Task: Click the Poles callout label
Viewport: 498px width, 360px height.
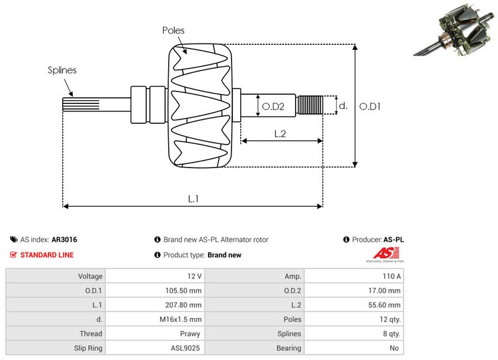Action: pyautogui.click(x=173, y=30)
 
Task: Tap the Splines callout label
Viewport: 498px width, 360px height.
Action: pyautogui.click(x=62, y=70)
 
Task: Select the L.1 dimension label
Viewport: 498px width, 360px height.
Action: pyautogui.click(x=194, y=199)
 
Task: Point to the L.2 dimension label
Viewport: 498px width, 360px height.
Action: pyautogui.click(x=280, y=133)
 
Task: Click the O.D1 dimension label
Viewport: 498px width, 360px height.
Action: pyautogui.click(x=370, y=107)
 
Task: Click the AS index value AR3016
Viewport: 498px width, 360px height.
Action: pyautogui.click(x=64, y=239)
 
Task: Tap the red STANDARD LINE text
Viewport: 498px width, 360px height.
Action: pyautogui.click(x=47, y=255)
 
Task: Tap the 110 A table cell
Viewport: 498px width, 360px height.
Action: pyautogui.click(x=353, y=276)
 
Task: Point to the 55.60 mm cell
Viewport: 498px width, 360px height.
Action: pyautogui.click(x=353, y=305)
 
